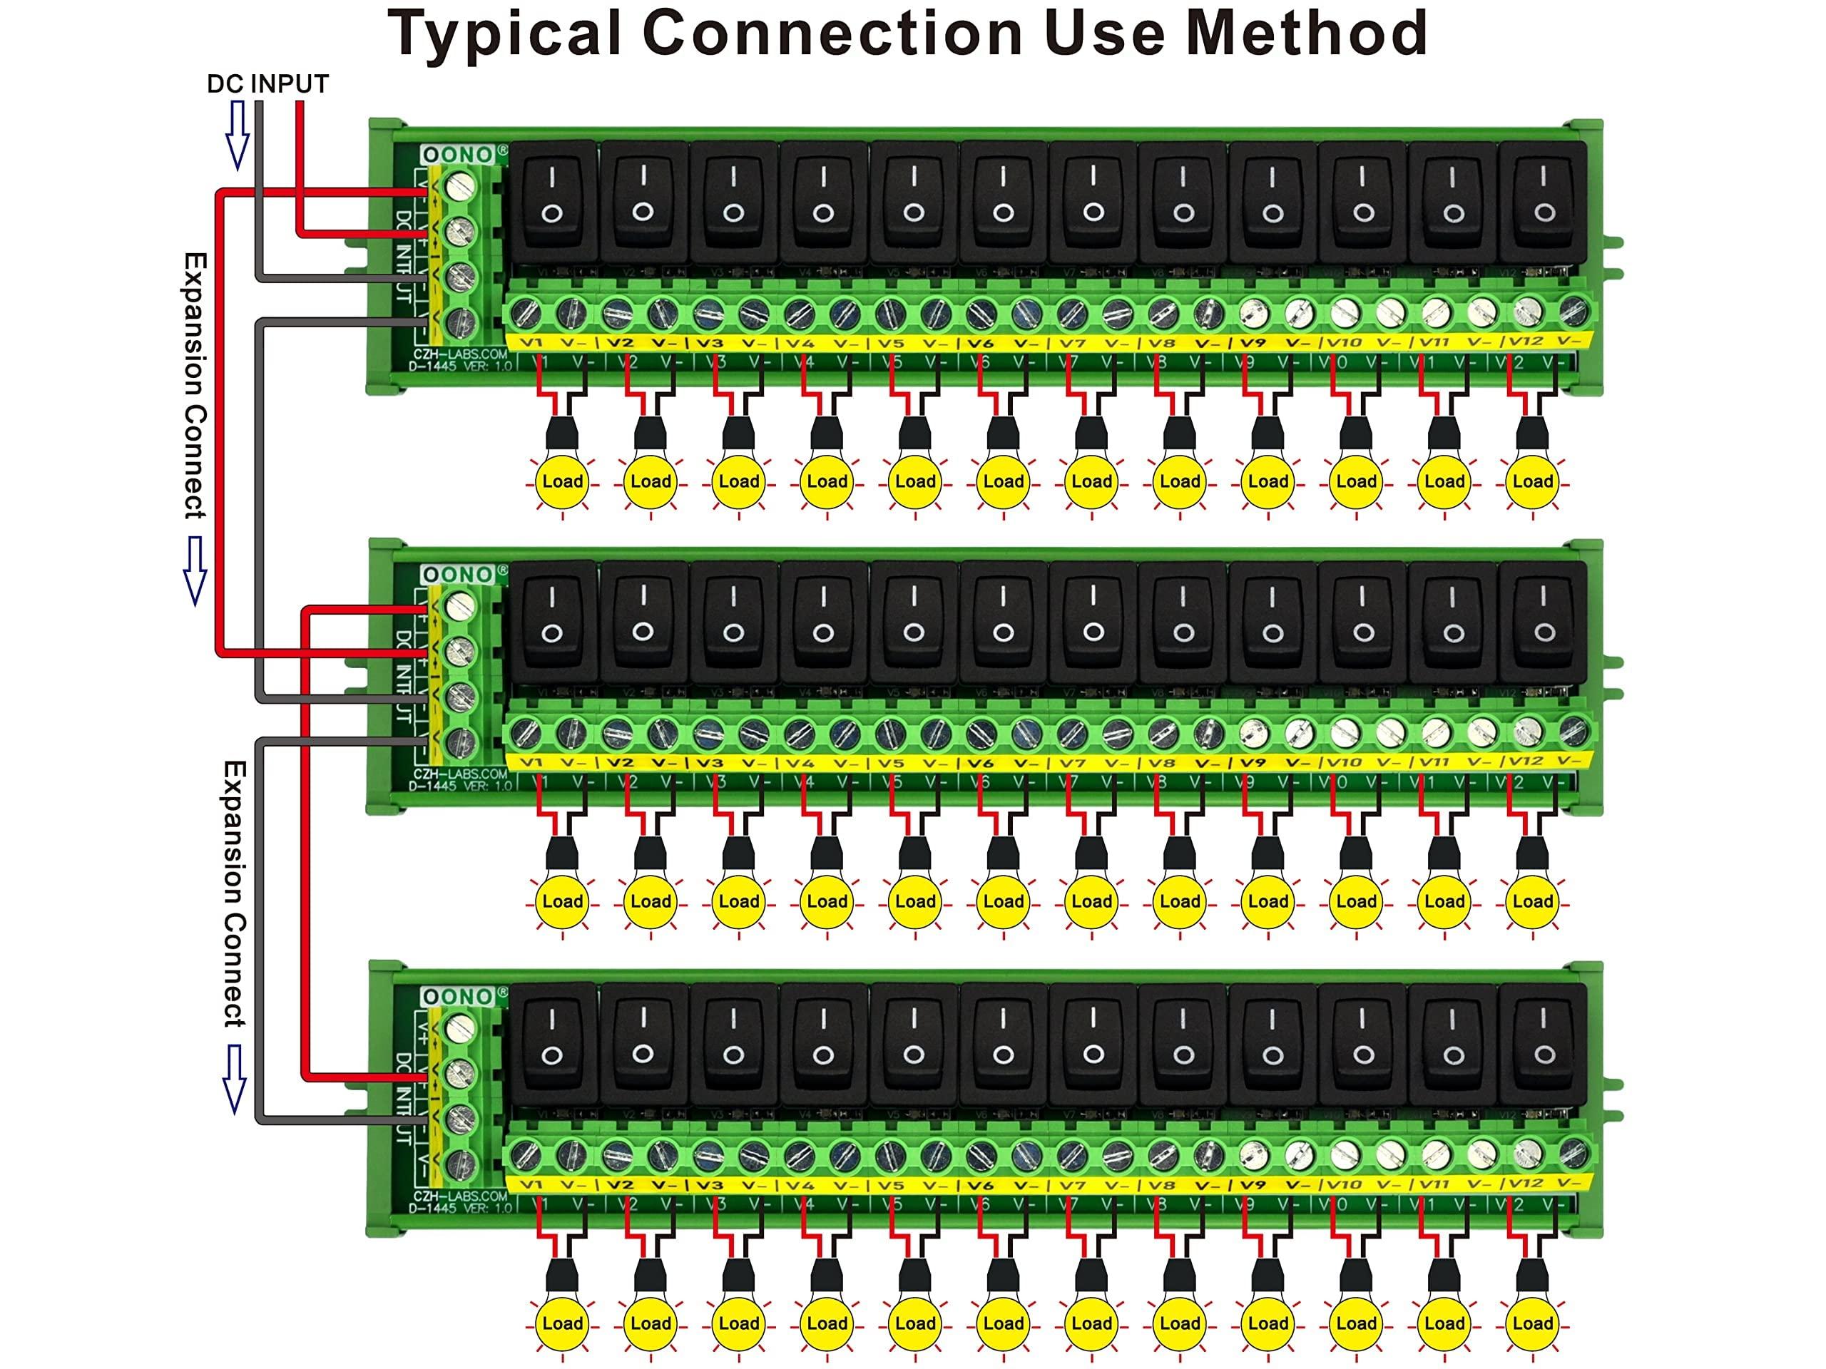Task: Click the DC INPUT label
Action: (x=267, y=84)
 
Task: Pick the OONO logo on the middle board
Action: (x=456, y=574)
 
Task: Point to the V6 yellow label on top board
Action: (x=979, y=342)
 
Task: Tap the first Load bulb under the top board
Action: (x=562, y=481)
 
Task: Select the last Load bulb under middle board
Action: (x=1532, y=901)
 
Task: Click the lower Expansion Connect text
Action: (x=235, y=893)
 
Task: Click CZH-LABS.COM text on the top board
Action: (x=460, y=354)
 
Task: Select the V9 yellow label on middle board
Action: (x=1253, y=762)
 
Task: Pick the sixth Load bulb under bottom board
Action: (x=1003, y=1322)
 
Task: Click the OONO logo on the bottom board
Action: (x=456, y=996)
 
